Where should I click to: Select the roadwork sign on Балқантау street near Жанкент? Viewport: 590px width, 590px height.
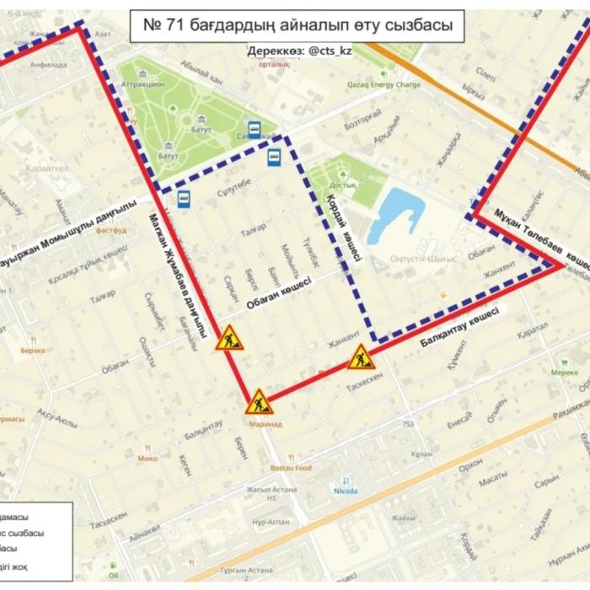[x=362, y=357]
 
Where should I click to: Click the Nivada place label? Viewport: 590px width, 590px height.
[x=346, y=490]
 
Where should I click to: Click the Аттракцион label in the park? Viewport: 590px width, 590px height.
[x=142, y=85]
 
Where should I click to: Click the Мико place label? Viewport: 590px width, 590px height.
[x=147, y=459]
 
